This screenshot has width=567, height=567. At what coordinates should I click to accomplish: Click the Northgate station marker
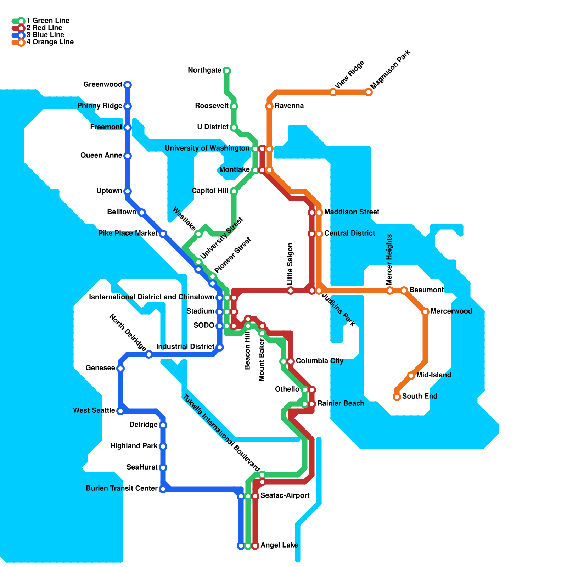coord(227,71)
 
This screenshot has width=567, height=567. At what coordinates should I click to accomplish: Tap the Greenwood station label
coord(103,84)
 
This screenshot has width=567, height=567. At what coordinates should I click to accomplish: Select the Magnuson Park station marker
coord(369,92)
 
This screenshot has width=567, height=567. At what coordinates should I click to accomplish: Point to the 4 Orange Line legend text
coord(50,42)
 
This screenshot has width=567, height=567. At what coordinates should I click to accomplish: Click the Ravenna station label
coord(289,106)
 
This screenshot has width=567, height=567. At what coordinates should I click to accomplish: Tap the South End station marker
coord(397,397)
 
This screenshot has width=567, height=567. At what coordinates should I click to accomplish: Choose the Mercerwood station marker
coord(425,312)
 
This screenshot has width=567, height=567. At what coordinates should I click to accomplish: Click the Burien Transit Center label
coord(122,488)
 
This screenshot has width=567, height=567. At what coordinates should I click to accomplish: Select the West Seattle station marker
coord(120,411)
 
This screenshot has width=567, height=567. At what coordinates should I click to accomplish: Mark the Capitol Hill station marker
coord(234,191)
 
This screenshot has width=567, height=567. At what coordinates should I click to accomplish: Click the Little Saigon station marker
coord(291,291)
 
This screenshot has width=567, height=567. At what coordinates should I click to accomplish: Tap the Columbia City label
coord(320,361)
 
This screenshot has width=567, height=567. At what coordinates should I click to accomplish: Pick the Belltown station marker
coord(142,213)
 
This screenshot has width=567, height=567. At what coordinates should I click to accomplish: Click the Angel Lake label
coord(279,545)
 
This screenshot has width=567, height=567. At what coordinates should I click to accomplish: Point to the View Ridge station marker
coord(333,92)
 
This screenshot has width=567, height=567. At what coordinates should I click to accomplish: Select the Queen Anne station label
coord(101,155)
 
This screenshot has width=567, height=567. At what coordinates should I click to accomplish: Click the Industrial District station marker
coord(220,347)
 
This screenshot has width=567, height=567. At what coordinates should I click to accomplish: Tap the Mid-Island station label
coord(434,375)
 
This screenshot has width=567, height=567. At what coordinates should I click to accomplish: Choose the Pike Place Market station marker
coord(163,234)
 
